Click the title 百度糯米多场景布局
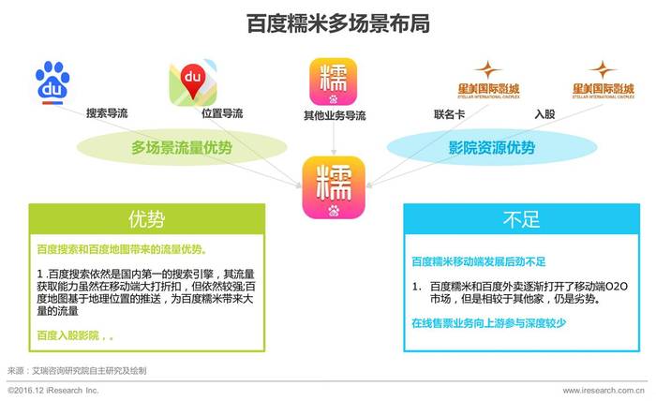338,23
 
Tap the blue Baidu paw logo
52,82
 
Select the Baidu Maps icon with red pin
193,82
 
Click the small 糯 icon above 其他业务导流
333,82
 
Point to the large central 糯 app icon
334,187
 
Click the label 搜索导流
107,113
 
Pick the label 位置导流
222,113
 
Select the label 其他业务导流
335,115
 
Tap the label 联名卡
449,114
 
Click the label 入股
544,113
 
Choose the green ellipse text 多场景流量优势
182,148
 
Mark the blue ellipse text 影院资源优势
492,148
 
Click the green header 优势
147,219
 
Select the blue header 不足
522,219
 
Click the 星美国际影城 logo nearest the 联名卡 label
488,81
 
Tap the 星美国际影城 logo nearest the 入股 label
604,81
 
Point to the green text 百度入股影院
68,335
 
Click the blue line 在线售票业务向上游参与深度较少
488,323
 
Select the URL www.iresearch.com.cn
604,390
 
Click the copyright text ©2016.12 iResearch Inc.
52,390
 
